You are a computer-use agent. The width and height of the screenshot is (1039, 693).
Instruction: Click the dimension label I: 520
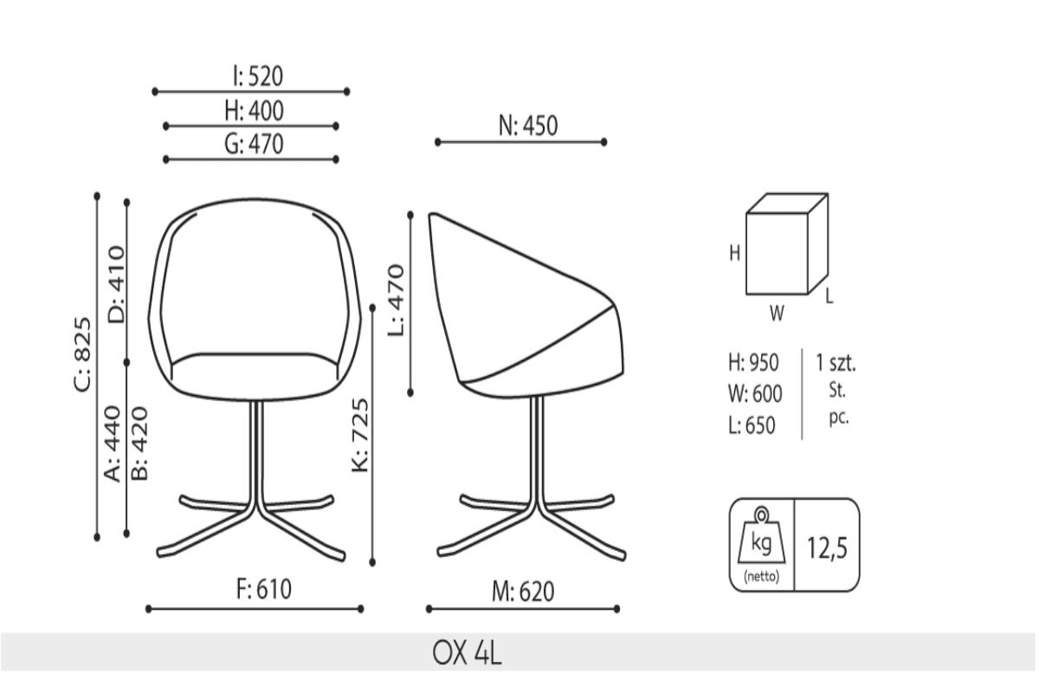point(258,76)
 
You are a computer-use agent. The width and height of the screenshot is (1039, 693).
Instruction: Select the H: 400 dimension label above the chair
point(255,111)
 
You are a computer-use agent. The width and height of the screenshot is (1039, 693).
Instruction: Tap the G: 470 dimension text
point(255,144)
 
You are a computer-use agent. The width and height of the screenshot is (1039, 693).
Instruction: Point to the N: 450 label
point(528,126)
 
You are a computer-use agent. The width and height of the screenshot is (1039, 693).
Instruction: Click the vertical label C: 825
point(83,354)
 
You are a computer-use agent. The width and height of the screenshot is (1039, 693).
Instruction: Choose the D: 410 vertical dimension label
point(116,284)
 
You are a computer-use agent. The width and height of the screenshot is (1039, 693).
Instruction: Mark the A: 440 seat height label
point(112,444)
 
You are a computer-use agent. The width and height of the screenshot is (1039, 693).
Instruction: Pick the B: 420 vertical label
point(139,444)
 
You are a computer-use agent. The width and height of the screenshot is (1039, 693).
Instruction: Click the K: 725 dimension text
point(360,436)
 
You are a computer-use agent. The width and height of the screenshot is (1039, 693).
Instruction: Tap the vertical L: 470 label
point(397,301)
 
